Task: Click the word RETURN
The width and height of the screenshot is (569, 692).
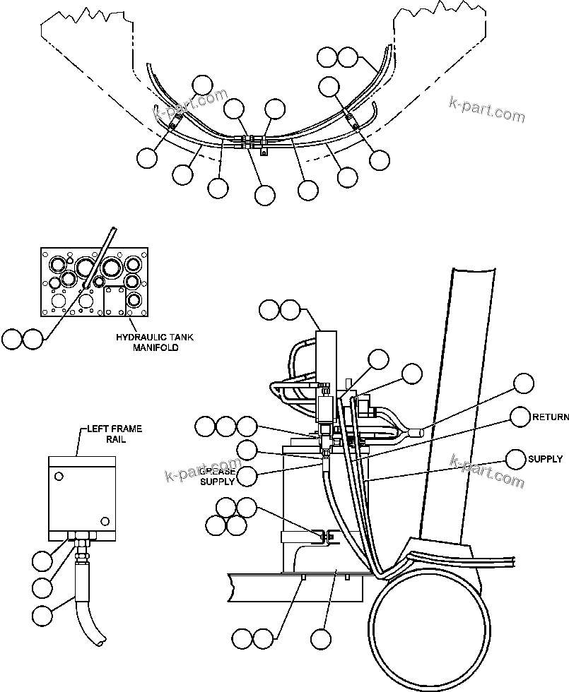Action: click(551, 417)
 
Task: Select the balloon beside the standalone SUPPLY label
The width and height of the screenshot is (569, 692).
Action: click(516, 459)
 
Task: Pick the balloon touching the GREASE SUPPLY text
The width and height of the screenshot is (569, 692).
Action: click(247, 476)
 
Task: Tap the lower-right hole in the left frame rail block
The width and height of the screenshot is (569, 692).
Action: click(105, 521)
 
